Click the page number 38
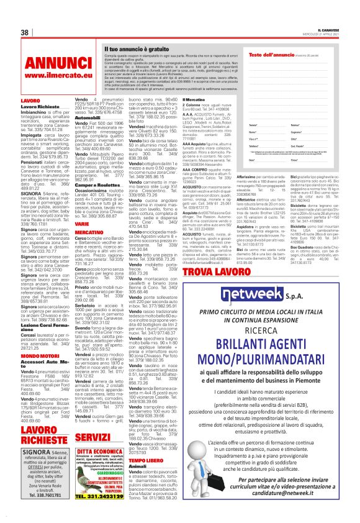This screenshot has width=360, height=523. (x=24, y=32)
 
